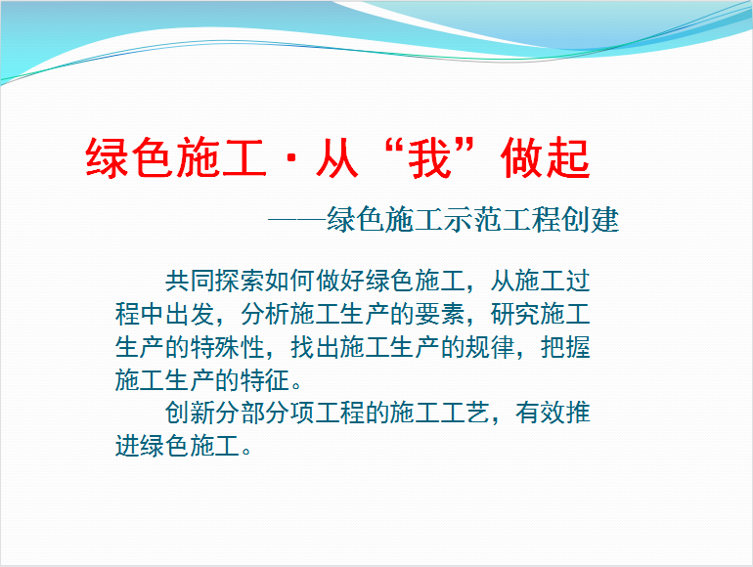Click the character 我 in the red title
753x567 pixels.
pos(430,158)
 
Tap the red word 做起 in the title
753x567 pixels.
pos(545,158)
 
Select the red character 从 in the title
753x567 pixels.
pos(336,158)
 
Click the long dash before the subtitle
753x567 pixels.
pos(296,220)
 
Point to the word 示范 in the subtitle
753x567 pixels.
pos(472,220)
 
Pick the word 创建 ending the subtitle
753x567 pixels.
pos(591,220)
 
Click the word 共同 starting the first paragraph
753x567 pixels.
pos(190,281)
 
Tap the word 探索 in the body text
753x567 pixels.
pos(241,281)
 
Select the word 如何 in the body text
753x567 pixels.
pos(290,281)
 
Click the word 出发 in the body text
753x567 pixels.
pos(190,314)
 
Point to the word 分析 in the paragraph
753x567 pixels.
pos(265,314)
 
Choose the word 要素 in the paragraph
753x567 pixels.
pos(440,314)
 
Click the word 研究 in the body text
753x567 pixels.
pos(514,314)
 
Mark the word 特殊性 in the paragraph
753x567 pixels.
pos(228,347)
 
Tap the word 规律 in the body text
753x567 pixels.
pos(490,347)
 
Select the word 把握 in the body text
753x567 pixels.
pos(565,347)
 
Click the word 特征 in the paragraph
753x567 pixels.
pos(265,380)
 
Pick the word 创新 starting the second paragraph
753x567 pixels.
pos(190,413)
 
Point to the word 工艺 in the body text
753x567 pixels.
pos(465,413)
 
